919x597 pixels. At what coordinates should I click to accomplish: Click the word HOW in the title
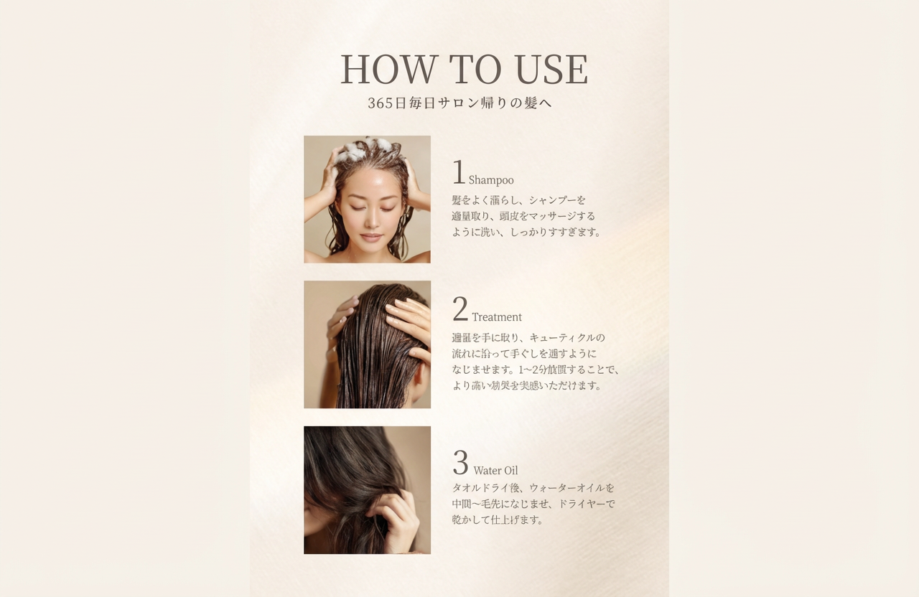point(388,70)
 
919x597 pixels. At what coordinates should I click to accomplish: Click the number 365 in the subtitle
point(381,103)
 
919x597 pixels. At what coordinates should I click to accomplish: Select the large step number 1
point(459,173)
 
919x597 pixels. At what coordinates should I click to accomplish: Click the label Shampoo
point(491,180)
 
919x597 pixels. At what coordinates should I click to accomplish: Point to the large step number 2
point(460,310)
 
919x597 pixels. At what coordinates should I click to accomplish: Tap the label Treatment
point(497,317)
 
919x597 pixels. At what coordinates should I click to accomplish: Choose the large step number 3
point(460,464)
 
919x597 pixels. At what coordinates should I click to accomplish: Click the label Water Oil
point(495,471)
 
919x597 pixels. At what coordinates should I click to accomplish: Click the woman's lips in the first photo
point(371,237)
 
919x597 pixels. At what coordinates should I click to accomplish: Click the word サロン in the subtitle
point(458,103)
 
